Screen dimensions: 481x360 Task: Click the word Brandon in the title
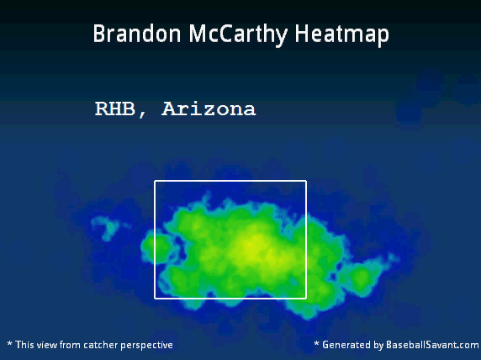coord(137,33)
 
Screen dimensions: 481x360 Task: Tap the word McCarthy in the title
coord(238,35)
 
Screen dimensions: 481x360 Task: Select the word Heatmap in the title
coord(341,35)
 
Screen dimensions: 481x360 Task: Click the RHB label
coord(114,109)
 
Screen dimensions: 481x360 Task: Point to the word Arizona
coord(209,109)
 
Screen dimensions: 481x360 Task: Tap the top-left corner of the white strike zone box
coord(155,181)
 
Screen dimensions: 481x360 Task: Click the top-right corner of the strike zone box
coord(306,181)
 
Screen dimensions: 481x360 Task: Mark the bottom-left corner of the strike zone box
coord(155,298)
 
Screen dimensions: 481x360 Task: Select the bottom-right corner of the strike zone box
coord(306,298)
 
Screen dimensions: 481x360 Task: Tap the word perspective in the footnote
coord(146,346)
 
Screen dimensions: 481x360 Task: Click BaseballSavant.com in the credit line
coord(432,345)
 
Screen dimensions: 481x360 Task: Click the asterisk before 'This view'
coord(9,343)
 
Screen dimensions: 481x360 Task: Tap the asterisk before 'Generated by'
coord(316,343)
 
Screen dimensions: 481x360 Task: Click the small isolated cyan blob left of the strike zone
coord(106,228)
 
